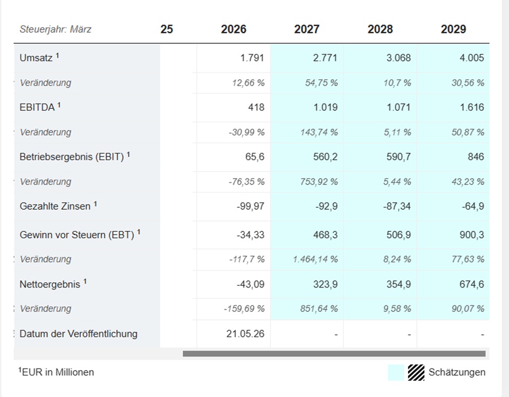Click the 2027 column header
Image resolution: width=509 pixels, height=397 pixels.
pyautogui.click(x=307, y=29)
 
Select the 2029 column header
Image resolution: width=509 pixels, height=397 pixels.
pyautogui.click(x=453, y=29)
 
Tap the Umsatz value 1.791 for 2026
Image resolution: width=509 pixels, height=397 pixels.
pyautogui.click(x=252, y=58)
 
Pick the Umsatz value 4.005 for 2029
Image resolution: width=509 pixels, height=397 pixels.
pyautogui.click(x=472, y=58)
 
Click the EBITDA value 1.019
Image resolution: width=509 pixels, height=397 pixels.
pyautogui.click(x=325, y=107)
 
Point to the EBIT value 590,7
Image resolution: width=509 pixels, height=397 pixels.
pyautogui.click(x=398, y=157)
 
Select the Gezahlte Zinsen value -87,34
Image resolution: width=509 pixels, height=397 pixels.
pyautogui.click(x=397, y=206)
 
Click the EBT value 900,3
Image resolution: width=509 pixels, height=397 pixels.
pyautogui.click(x=472, y=235)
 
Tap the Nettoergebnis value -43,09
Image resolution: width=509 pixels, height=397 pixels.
pyautogui.click(x=251, y=284)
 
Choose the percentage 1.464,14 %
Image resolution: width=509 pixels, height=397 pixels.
pyautogui.click(x=315, y=259)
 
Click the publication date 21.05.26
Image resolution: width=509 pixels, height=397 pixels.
pyautogui.click(x=245, y=334)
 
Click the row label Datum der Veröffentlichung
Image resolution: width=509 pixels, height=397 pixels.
pyautogui.click(x=79, y=334)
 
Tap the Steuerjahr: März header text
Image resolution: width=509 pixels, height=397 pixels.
pyautogui.click(x=56, y=29)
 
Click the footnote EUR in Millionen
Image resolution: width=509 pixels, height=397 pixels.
pyautogui.click(x=56, y=372)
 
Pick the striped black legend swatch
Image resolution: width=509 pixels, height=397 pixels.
pyautogui.click(x=416, y=372)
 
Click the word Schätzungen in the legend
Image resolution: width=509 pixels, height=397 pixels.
pyautogui.click(x=457, y=372)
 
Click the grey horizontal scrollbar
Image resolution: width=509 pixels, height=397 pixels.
pyautogui.click(x=334, y=353)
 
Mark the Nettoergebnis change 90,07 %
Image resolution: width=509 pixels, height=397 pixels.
pyautogui.click(x=468, y=309)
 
